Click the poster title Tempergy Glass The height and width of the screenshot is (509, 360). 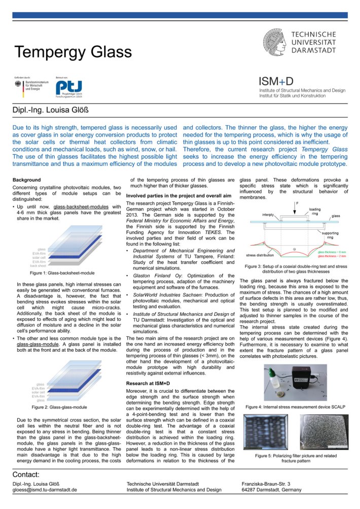point(73,52)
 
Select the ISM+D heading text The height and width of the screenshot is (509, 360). point(276,81)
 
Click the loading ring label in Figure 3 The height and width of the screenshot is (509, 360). point(314,211)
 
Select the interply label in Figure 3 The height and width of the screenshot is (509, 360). point(268,215)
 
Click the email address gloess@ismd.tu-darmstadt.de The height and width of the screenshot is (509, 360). point(45,490)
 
